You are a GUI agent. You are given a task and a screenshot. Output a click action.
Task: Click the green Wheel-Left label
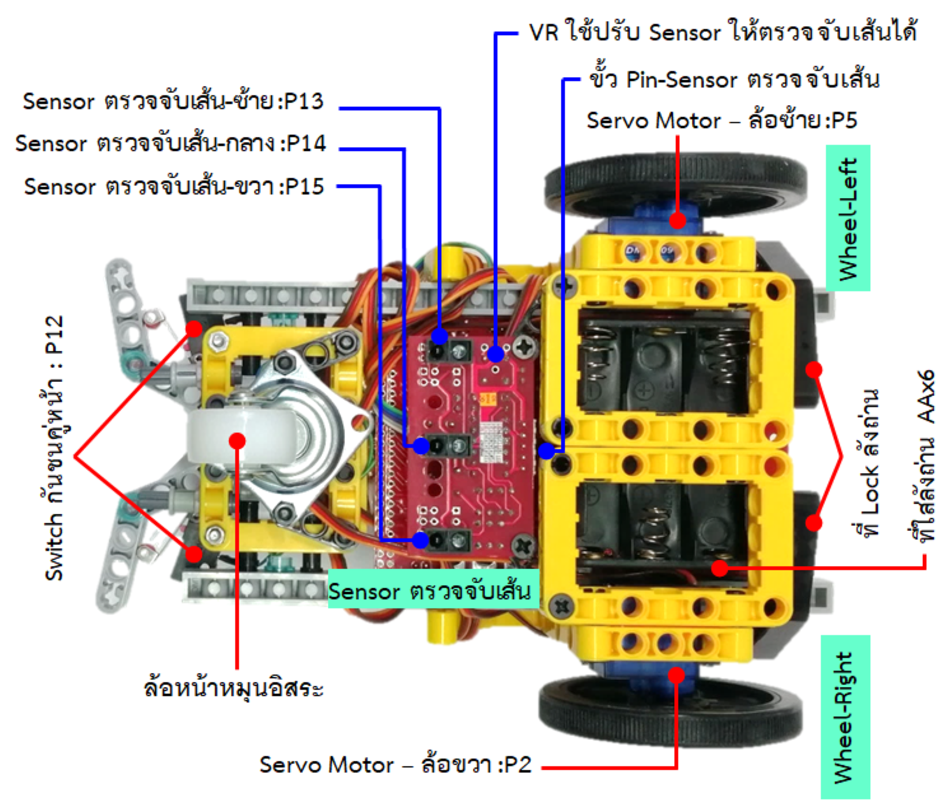click(x=848, y=218)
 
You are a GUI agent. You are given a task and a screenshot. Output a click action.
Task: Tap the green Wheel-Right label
click(x=845, y=716)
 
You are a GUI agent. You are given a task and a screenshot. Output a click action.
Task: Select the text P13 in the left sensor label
click(x=304, y=101)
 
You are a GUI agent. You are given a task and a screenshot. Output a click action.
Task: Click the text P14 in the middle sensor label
click(x=306, y=143)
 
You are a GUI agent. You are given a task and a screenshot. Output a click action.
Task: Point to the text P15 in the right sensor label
click(x=305, y=187)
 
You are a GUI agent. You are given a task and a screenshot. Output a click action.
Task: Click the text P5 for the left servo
click(x=844, y=120)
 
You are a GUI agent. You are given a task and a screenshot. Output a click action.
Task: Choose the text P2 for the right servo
click(x=518, y=764)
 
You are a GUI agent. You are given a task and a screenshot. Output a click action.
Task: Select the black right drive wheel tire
click(x=668, y=716)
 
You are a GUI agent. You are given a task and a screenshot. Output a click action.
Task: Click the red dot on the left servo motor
click(x=678, y=220)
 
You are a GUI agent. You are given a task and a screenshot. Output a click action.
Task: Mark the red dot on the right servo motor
click(x=677, y=675)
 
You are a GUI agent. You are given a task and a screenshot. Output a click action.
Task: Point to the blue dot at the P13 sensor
click(x=439, y=336)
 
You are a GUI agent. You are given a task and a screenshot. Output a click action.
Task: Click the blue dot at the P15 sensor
click(x=420, y=541)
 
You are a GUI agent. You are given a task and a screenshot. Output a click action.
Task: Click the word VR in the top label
click(x=544, y=32)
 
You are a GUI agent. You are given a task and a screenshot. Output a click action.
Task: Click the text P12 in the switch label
click(x=55, y=335)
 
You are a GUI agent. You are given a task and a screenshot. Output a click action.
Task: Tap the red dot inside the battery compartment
click(x=719, y=567)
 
